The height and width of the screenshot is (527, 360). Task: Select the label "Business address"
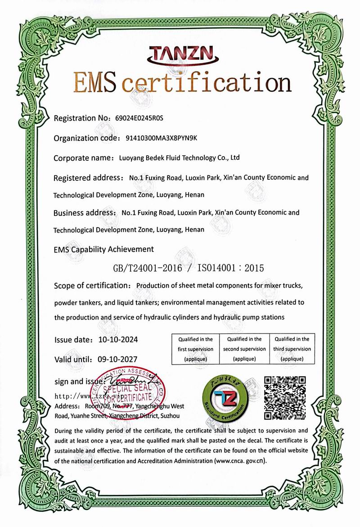(83, 212)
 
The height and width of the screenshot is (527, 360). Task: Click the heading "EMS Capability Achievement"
(103, 249)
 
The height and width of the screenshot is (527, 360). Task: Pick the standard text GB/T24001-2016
(148, 268)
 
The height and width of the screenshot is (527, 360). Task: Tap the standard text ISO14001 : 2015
(225, 268)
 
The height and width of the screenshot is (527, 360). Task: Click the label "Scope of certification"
(91, 285)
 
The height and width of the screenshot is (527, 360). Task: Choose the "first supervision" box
(195, 349)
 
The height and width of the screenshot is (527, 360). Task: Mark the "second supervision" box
(244, 349)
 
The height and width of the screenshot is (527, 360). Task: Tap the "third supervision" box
(292, 349)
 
